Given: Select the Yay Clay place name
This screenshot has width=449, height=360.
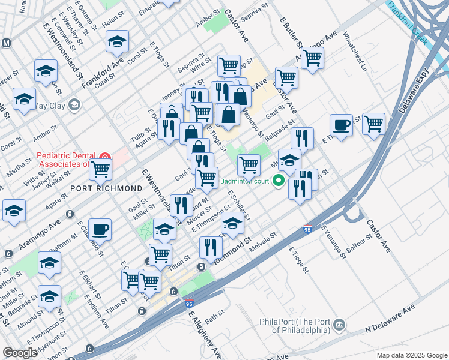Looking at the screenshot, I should point(50,106).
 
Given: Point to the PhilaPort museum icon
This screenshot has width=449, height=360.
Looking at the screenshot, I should point(340,325).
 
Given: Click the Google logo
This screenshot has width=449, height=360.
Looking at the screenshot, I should point(20,353).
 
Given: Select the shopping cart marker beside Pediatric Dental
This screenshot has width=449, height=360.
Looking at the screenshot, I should point(100,169).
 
